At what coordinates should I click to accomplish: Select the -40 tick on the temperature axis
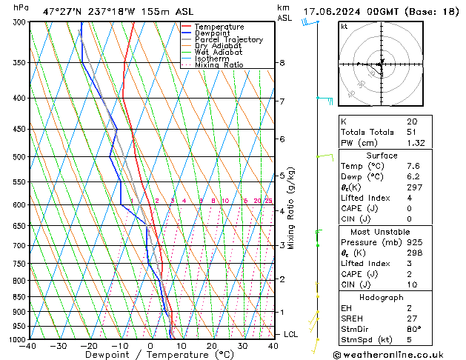coord(28,346)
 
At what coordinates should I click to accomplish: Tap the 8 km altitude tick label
coord(282,63)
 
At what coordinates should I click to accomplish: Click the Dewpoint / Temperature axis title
coord(150,355)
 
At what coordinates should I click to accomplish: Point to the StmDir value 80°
coord(413,329)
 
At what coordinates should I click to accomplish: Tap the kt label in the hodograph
coord(344,27)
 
